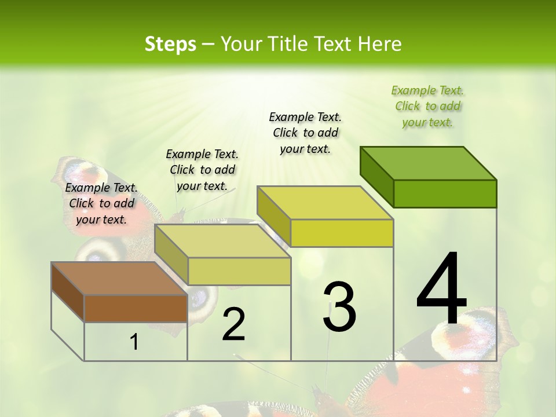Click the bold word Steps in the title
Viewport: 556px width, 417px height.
[170, 44]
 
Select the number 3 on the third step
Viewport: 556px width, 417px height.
[339, 306]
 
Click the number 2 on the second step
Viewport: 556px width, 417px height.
[233, 324]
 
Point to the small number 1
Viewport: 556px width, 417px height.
[134, 342]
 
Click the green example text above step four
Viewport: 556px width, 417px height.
[427, 107]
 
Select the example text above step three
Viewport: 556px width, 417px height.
[305, 133]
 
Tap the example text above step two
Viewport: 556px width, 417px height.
[202, 170]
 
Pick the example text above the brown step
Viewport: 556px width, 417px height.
[101, 203]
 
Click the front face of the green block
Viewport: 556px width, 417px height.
[445, 193]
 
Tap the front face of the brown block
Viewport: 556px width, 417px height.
[136, 308]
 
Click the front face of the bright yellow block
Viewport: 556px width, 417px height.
[342, 233]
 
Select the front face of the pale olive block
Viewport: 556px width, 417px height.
[239, 271]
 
